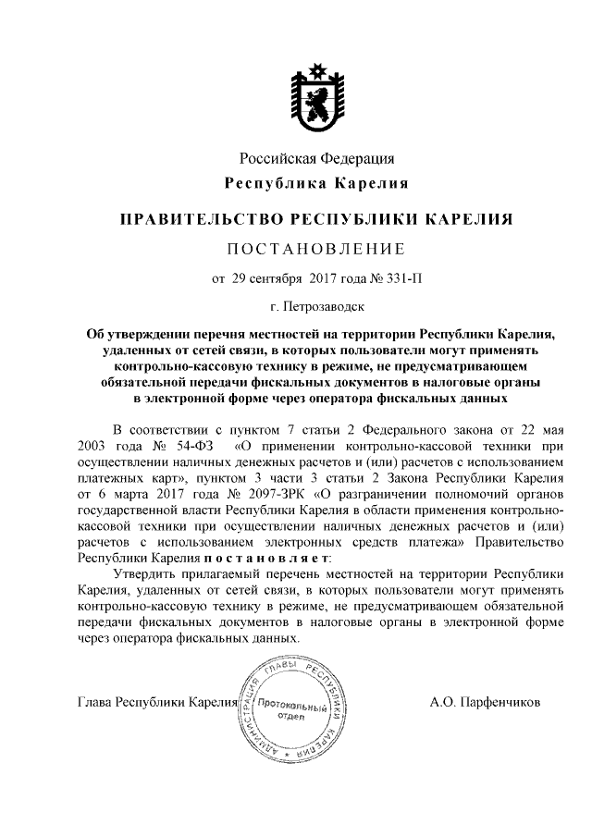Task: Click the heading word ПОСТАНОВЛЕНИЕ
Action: [317, 248]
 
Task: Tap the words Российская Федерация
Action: [317, 158]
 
